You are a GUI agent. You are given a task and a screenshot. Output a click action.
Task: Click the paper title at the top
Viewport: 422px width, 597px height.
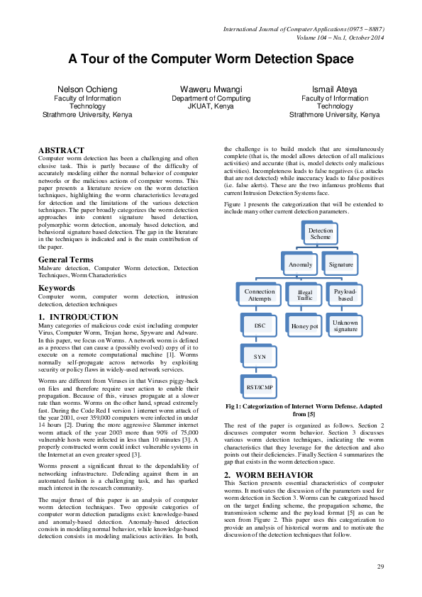pyautogui.click(x=211, y=59)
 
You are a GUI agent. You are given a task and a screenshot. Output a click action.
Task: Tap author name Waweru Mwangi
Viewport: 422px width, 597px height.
pyautogui.click(x=211, y=89)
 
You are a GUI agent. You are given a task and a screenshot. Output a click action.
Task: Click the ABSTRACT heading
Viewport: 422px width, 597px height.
pyautogui.click(x=61, y=150)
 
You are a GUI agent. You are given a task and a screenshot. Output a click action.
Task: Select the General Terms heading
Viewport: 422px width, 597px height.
pyautogui.click(x=65, y=260)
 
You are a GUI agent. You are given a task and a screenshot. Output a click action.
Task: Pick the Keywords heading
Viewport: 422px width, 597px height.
pyautogui.click(x=56, y=288)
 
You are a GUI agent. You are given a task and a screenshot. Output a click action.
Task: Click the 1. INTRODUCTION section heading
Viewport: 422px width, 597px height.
pyautogui.click(x=78, y=316)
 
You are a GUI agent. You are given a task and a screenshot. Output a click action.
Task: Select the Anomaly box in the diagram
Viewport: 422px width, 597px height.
pyautogui.click(x=301, y=264)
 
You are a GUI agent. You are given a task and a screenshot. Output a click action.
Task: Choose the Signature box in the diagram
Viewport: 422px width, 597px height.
pyautogui.click(x=341, y=264)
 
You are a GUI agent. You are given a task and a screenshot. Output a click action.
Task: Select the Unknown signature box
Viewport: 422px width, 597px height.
pyautogui.click(x=345, y=325)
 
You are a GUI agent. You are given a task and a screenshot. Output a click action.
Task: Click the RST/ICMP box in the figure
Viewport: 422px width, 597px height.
pyautogui.click(x=260, y=387)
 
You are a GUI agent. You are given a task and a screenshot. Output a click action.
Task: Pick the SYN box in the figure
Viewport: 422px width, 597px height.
pyautogui.click(x=260, y=357)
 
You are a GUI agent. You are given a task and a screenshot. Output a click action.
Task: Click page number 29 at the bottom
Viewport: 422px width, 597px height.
pyautogui.click(x=380, y=566)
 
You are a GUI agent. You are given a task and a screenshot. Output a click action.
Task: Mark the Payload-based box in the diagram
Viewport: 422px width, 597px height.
pyautogui.click(x=345, y=295)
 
